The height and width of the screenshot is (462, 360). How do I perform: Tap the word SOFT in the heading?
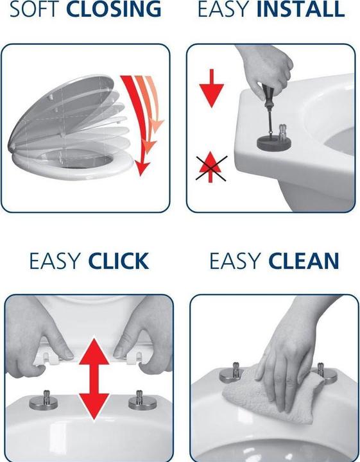(x=35, y=9)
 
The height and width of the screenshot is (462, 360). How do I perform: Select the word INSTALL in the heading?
(x=300, y=9)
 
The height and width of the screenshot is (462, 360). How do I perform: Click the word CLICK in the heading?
(x=119, y=261)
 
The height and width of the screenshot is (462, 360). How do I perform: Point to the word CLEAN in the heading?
(x=304, y=261)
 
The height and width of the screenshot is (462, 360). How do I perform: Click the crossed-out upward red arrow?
(x=210, y=167)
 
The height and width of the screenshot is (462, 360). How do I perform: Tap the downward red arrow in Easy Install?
(x=212, y=88)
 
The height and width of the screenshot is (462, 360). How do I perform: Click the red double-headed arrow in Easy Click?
(x=94, y=379)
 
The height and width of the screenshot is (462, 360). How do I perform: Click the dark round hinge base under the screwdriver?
(x=274, y=142)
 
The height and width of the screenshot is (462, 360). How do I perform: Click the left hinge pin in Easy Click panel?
(x=44, y=400)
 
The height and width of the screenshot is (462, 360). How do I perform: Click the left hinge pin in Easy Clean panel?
(x=233, y=372)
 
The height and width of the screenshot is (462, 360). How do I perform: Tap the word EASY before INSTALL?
(x=223, y=9)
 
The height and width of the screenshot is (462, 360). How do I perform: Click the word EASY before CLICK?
(x=55, y=261)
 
